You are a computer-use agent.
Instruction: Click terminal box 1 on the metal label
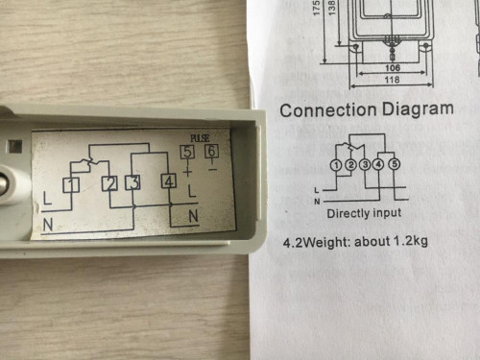[70, 184]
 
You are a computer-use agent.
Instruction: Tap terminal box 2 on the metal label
[111, 183]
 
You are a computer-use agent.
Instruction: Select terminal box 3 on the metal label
[133, 182]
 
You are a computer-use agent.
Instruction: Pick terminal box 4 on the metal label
[169, 180]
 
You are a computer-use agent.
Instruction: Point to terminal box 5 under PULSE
[187, 151]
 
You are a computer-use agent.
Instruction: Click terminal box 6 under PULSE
[211, 150]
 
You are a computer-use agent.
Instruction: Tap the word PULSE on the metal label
[200, 137]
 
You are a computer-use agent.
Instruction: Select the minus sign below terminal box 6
[212, 167]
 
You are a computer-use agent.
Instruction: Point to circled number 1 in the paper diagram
[335, 166]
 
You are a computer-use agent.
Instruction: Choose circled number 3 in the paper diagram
[365, 166]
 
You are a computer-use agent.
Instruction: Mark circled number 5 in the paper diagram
[394, 166]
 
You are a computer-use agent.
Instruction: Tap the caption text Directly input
[364, 212]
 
